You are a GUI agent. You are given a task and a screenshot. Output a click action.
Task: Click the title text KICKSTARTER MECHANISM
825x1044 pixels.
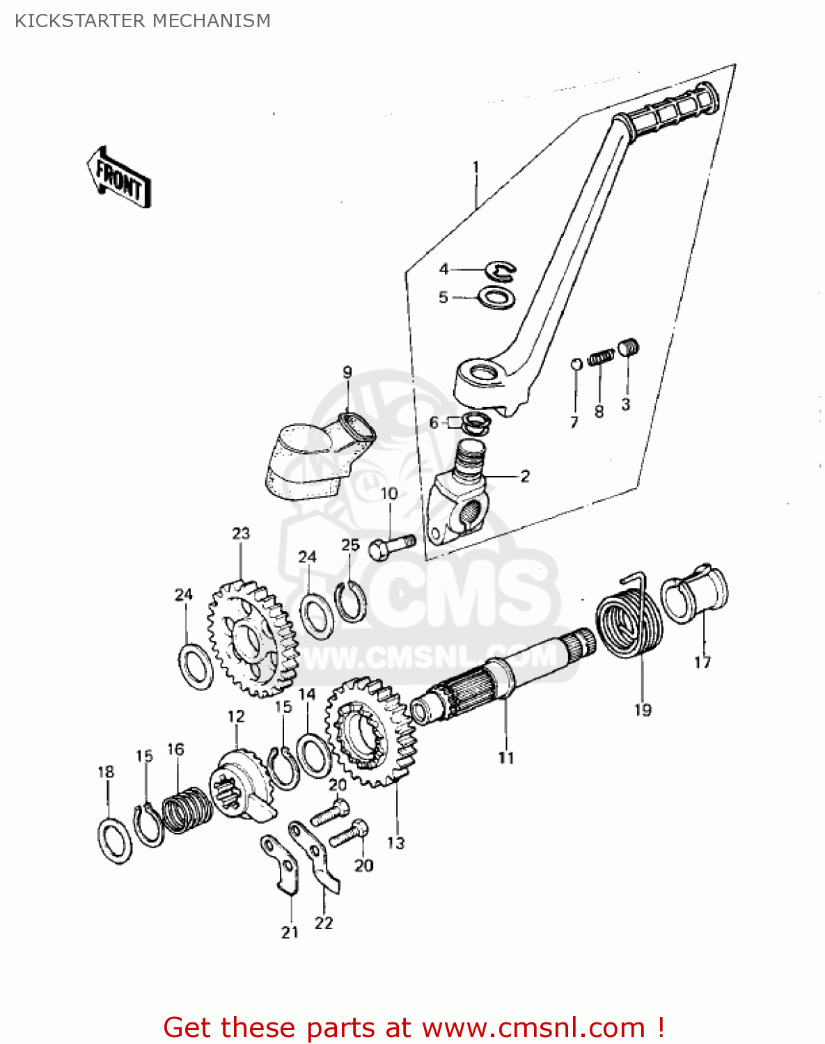click(143, 21)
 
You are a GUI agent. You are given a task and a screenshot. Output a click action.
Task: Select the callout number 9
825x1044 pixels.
click(347, 372)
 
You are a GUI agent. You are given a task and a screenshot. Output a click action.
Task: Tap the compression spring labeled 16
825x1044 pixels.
click(187, 809)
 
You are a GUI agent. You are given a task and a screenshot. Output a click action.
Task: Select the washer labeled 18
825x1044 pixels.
click(115, 841)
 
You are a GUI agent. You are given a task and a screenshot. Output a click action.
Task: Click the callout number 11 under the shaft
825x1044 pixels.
click(506, 757)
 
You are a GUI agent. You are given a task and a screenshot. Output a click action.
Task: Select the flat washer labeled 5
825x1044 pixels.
click(496, 297)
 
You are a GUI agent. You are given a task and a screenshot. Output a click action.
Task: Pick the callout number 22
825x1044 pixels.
click(324, 923)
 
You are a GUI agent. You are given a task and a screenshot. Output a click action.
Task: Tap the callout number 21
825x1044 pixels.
click(290, 932)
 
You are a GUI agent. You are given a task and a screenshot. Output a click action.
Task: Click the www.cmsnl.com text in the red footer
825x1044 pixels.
click(534, 1027)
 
